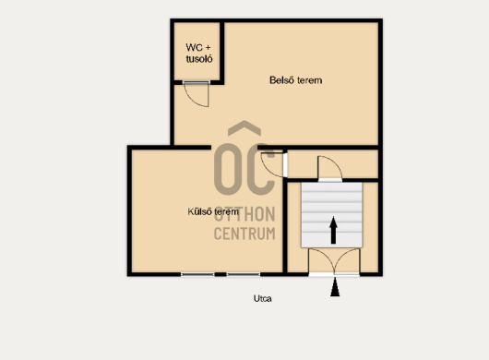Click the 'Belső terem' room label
pos(295,80)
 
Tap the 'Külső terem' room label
pos(213,211)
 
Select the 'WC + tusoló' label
pos(199,53)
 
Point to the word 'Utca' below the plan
pos(263,298)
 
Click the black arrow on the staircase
pos(333,230)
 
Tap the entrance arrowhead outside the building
pos(335,287)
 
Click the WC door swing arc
pos(192,99)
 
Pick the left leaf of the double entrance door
pos(321,261)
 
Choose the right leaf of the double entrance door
pos(347,261)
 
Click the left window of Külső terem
pos(197,274)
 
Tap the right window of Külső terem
pos(244,274)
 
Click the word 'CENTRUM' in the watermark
pos(244,234)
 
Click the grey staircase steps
pos(332,215)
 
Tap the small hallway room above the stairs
pos(332,164)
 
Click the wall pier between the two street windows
pos(221,274)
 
